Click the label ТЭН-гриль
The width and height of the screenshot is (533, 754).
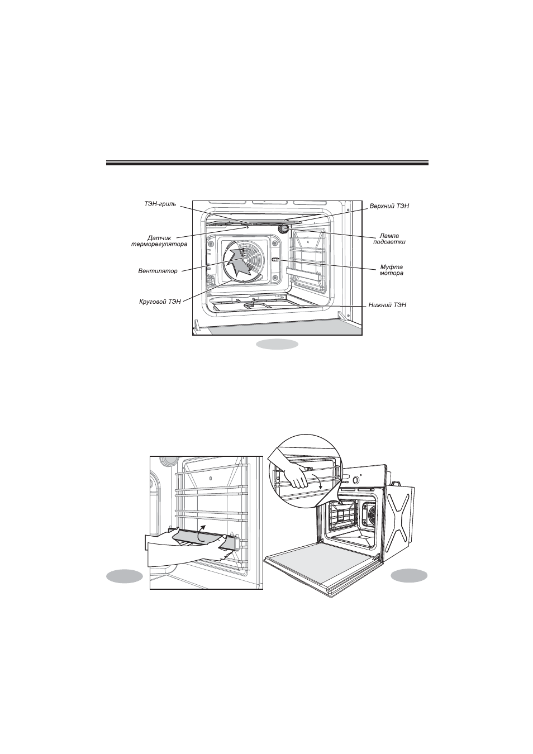click(x=160, y=204)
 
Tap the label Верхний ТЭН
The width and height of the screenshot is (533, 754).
click(x=389, y=206)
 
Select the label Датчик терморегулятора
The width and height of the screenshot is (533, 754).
click(x=159, y=241)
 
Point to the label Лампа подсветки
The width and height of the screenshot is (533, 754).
click(x=389, y=239)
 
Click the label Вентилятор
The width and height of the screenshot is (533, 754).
click(x=158, y=271)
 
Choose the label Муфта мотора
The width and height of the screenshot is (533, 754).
click(x=391, y=270)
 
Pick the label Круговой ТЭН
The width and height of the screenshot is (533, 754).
click(x=160, y=302)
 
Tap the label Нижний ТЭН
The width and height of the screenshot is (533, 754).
click(x=387, y=305)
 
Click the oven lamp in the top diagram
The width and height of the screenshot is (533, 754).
click(x=283, y=229)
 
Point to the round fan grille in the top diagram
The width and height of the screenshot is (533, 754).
click(x=242, y=260)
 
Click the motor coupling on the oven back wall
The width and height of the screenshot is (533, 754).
click(x=275, y=260)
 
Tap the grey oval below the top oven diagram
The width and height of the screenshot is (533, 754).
click(x=277, y=344)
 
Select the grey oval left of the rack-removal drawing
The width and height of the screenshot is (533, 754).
click(x=124, y=576)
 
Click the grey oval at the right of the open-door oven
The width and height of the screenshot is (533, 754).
click(x=409, y=576)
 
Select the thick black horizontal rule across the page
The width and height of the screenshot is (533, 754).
click(x=268, y=163)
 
